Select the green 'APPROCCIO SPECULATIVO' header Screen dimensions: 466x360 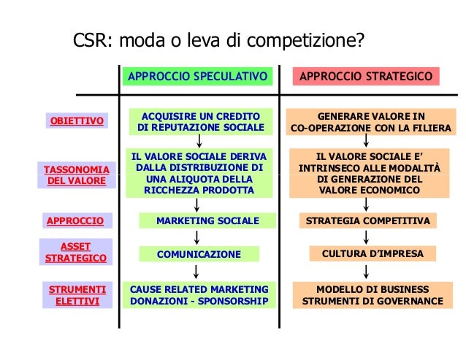[198, 77]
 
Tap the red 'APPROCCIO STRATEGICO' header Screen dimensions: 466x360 [366, 77]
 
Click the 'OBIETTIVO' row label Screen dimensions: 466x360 [77, 120]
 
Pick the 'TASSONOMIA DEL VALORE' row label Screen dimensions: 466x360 [77, 175]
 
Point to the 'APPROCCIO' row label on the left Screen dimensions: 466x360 [75, 221]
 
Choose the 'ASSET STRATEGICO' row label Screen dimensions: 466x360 [76, 253]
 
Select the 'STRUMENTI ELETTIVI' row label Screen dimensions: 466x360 [77, 294]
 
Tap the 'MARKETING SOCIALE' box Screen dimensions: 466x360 [207, 221]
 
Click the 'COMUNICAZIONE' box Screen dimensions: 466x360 [199, 254]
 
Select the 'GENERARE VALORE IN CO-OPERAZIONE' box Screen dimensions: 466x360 [370, 122]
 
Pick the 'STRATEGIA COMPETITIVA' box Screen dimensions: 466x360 [367, 221]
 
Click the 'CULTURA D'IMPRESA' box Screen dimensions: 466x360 [373, 253]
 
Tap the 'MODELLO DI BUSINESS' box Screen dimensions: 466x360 [373, 294]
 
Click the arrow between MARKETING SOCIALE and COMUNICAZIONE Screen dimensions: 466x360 [197, 237]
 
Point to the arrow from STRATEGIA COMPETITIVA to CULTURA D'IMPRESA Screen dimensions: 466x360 [366, 237]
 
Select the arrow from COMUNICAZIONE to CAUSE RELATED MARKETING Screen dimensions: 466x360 [197, 271]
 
